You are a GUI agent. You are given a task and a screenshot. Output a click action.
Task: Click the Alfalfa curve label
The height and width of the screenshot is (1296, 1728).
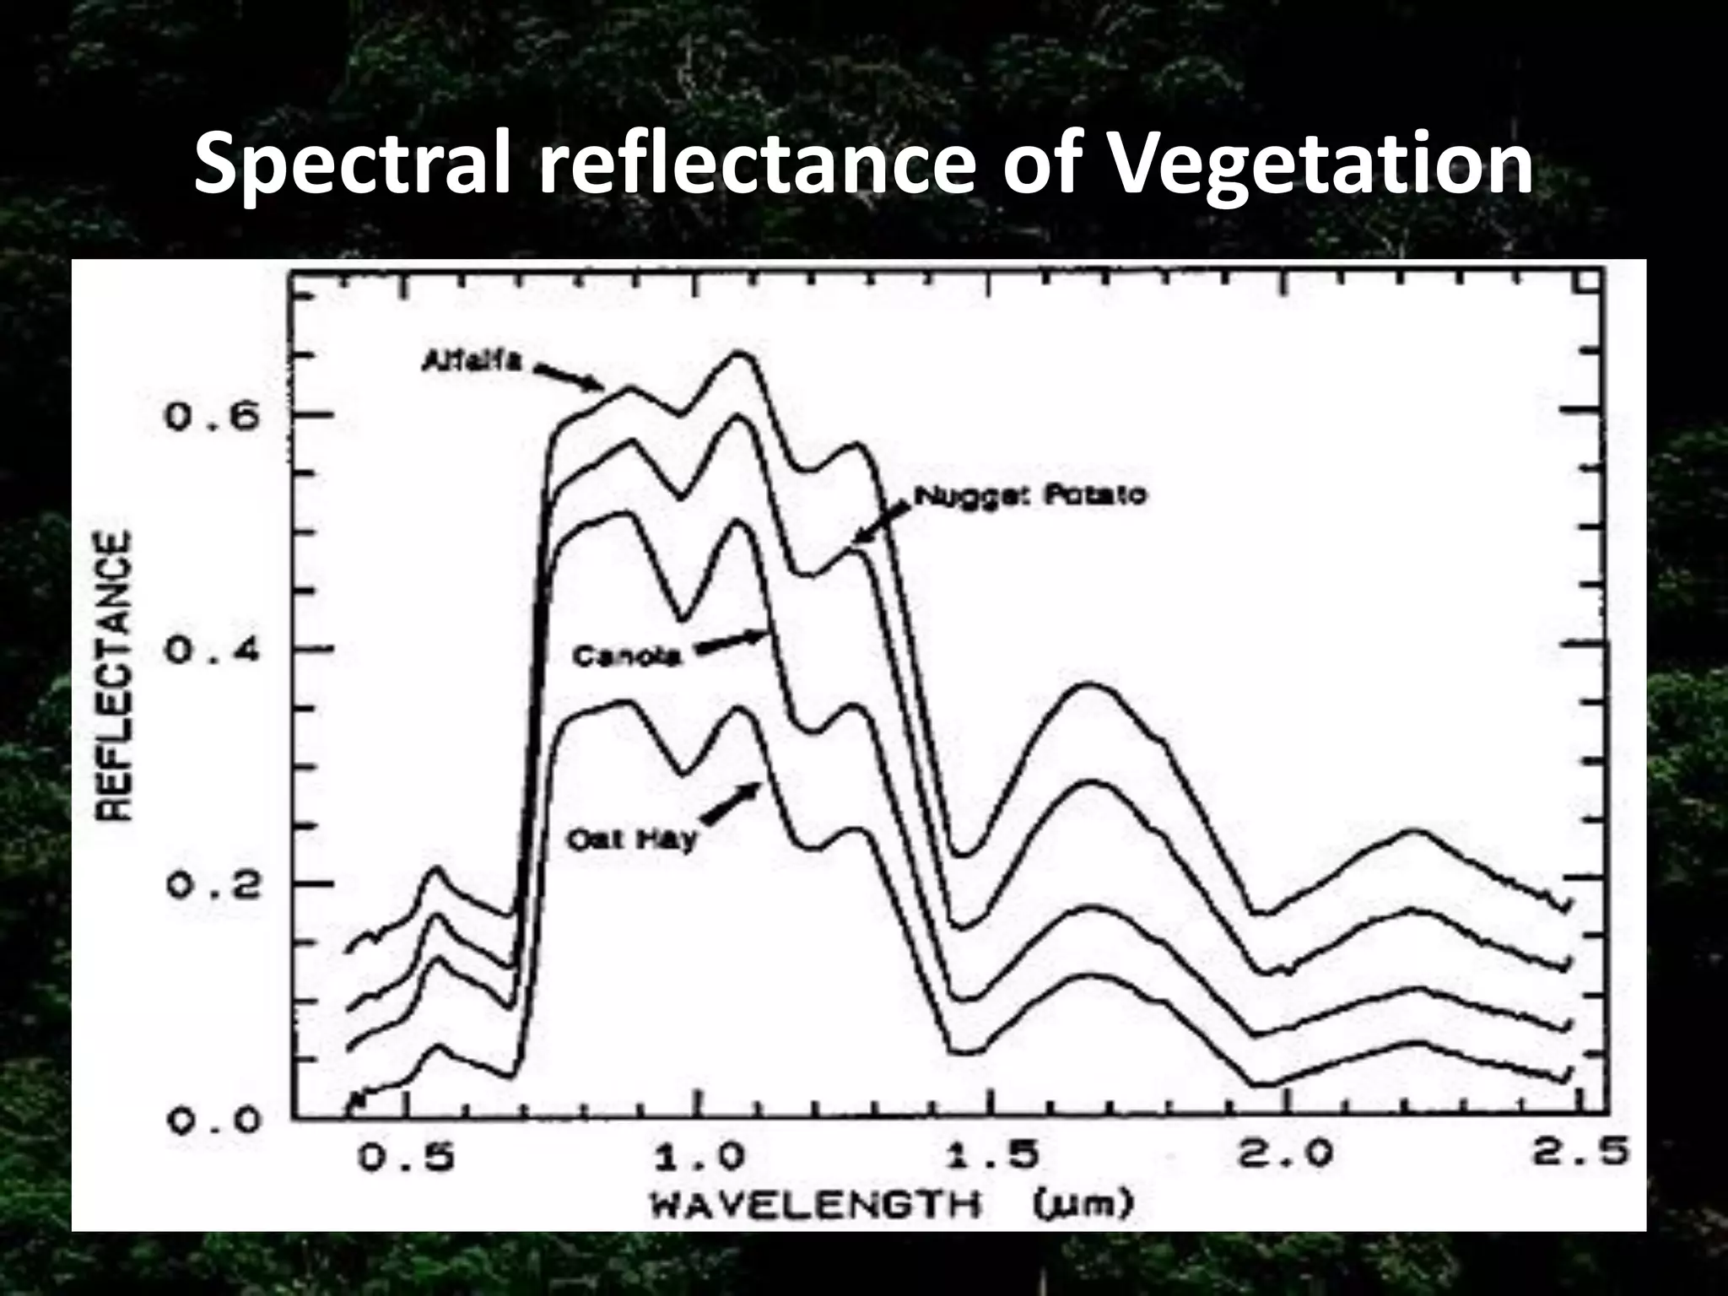coord(472,360)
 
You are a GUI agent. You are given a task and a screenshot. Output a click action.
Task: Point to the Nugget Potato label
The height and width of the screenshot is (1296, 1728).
coord(1031,495)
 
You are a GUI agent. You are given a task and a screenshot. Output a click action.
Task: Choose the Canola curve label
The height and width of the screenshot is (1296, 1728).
coord(625,656)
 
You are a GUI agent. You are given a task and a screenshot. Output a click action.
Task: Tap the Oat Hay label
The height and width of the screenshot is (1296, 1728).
coord(632,840)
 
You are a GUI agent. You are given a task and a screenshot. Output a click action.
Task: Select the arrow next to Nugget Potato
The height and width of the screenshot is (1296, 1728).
coord(882,520)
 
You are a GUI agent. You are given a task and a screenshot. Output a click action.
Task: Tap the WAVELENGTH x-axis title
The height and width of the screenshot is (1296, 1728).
coord(815,1205)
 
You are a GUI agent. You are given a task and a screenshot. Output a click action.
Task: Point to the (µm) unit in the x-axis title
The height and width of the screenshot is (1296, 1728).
coord(1081,1205)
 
